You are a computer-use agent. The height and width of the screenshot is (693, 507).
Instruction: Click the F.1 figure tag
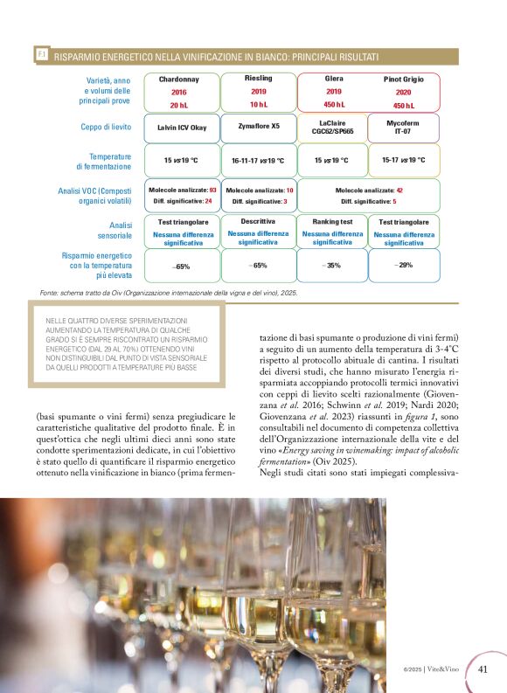point(41,55)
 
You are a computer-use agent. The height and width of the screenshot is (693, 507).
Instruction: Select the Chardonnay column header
point(179,79)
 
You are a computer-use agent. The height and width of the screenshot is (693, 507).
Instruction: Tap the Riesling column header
point(258,78)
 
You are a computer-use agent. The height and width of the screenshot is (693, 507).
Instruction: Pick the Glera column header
point(333,78)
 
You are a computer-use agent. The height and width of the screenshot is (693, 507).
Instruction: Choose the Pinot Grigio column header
point(403,79)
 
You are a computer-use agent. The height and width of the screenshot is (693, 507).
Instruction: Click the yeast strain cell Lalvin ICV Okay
point(181,128)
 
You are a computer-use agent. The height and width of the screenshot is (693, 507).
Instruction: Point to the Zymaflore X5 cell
point(259,126)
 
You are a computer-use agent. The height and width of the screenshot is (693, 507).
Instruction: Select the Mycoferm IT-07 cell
point(403,128)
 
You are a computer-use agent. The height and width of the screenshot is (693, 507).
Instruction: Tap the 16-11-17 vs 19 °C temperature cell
point(258,161)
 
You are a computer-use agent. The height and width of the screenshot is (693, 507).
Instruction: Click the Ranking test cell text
point(332,222)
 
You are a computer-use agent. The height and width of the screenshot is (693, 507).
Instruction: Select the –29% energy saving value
point(404,264)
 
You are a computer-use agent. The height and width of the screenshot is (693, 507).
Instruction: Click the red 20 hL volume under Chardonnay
point(179,105)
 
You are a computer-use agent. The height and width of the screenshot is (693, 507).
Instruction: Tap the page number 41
point(483,669)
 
